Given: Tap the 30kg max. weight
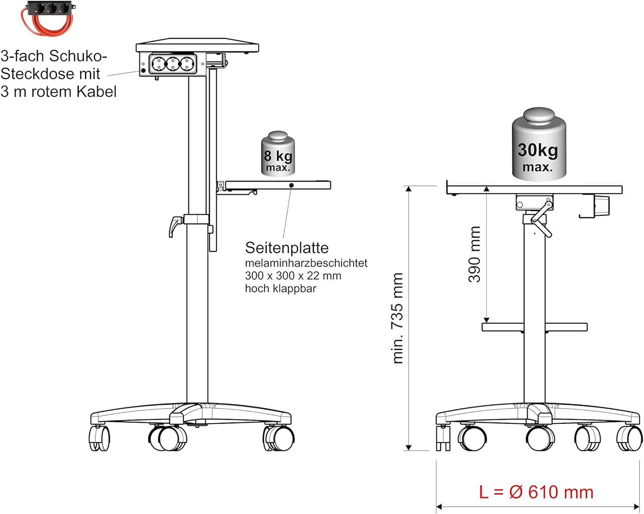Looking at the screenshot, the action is click(539, 144).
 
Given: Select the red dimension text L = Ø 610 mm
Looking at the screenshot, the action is click(536, 492).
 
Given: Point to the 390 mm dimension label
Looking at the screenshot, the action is click(474, 254).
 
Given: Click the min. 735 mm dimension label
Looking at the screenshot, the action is click(398, 318).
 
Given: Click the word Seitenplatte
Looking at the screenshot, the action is click(287, 248).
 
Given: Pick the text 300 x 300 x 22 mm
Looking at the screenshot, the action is click(293, 275).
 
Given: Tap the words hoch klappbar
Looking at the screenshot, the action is click(280, 288).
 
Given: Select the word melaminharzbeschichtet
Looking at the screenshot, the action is click(306, 263).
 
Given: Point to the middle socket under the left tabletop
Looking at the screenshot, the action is click(173, 64).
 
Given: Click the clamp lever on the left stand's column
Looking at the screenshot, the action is click(175, 226).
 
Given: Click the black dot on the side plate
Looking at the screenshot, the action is click(291, 185).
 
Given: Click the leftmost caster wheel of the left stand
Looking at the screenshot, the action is click(99, 438).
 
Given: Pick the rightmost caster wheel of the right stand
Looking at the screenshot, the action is click(630, 438).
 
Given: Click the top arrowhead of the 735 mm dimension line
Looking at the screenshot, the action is click(408, 188).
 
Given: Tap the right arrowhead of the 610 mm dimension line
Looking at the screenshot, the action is click(637, 507).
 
